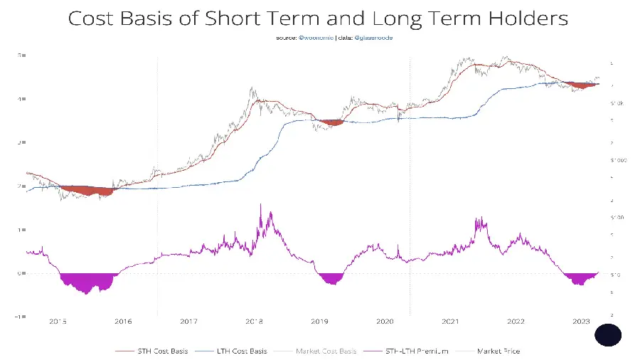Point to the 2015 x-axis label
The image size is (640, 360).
tap(58, 322)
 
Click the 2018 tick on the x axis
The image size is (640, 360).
tap(255, 322)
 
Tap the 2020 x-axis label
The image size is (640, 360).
tap(385, 322)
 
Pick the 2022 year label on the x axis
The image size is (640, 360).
tap(516, 322)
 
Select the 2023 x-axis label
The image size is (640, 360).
tap(581, 322)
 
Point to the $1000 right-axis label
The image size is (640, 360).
tap(617, 160)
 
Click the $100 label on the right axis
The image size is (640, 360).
tap(616, 216)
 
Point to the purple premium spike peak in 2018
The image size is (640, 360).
tap(260, 206)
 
